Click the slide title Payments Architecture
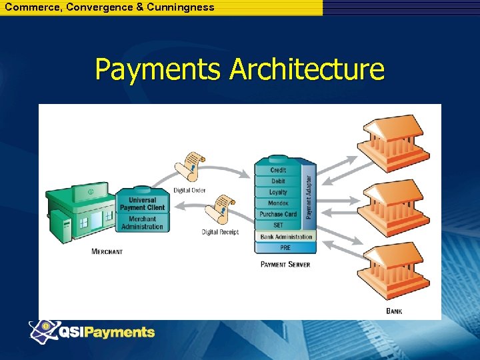239,69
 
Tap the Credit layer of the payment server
278,171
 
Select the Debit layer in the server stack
278,181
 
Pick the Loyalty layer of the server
278,192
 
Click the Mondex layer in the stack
278,203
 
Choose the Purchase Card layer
278,214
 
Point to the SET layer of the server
278,225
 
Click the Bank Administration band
286,237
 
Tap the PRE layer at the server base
285,247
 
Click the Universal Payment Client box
142,203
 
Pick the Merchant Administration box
142,223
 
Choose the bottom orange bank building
393,273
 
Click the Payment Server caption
285,265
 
